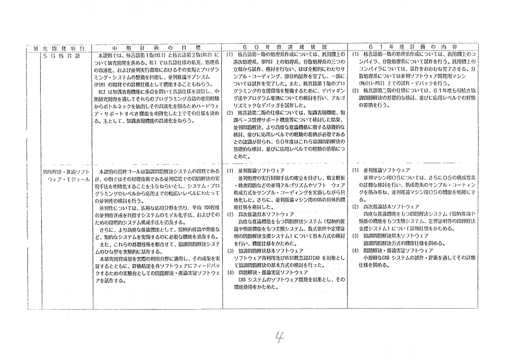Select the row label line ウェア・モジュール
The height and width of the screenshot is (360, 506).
(x=66, y=179)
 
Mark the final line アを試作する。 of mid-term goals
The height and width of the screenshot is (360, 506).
(x=110, y=281)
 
